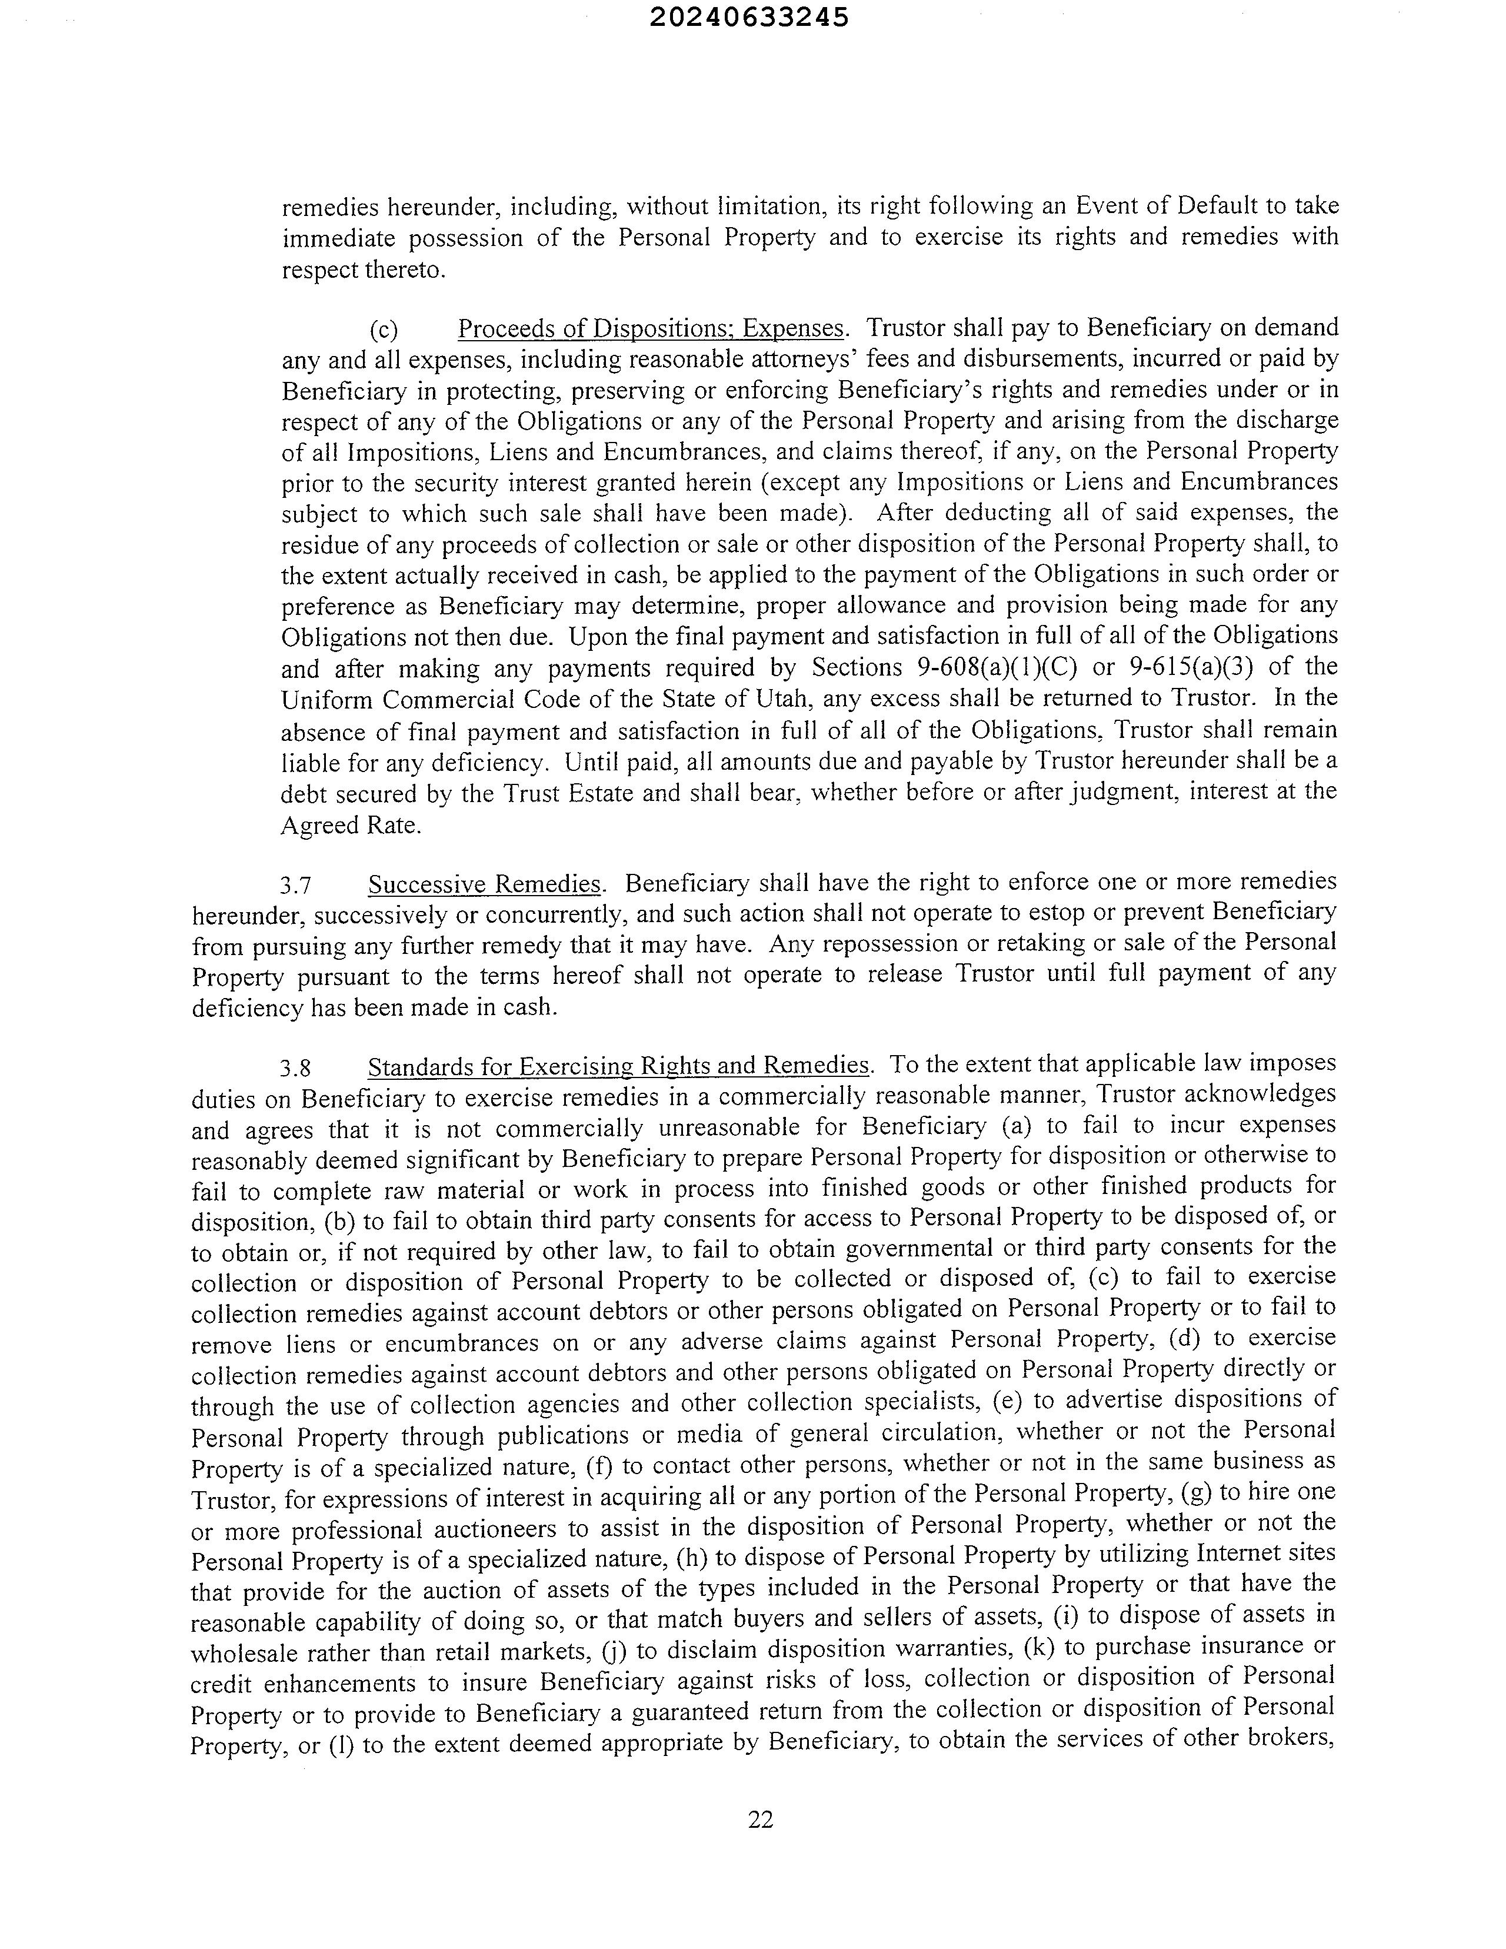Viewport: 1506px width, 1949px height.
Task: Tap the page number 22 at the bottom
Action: pos(760,1820)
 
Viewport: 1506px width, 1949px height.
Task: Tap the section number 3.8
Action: pos(294,1067)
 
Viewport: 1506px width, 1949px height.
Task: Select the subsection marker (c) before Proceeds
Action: pos(384,330)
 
